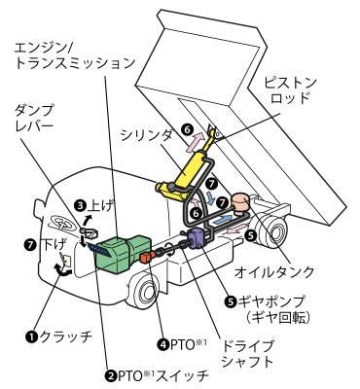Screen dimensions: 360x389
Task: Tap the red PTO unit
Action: point(146,257)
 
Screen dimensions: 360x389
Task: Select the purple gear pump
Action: point(198,238)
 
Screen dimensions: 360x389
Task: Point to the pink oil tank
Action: point(239,203)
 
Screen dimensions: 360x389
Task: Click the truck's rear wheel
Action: point(270,234)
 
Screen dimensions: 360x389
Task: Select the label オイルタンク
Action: point(274,272)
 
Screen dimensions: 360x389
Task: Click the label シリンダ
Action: point(146,135)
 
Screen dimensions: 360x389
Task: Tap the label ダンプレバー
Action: point(34,118)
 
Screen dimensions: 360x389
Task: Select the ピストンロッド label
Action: point(290,90)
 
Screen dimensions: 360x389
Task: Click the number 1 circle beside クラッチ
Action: point(31,337)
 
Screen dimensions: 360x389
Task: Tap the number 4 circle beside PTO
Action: point(162,344)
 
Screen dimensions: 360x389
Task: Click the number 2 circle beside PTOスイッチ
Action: point(110,376)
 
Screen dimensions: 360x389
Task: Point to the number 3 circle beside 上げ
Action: point(80,205)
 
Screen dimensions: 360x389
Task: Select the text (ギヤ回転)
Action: point(276,318)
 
